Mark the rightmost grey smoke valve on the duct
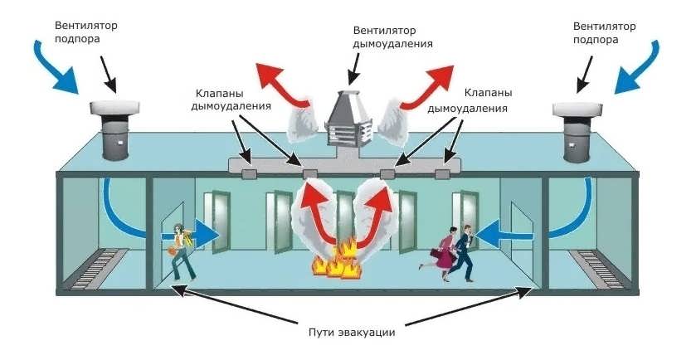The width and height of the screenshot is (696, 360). (443, 174)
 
